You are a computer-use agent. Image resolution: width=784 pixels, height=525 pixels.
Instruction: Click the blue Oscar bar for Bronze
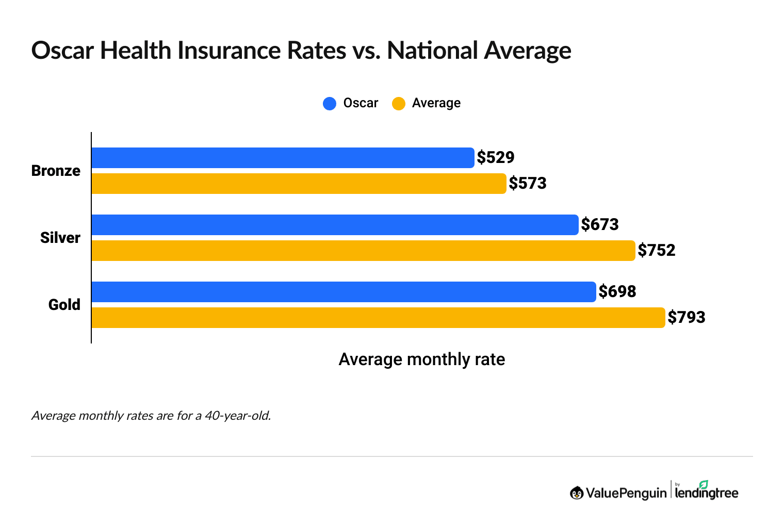coord(283,158)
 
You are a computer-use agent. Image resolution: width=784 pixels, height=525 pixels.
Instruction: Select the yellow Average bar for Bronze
coord(299,184)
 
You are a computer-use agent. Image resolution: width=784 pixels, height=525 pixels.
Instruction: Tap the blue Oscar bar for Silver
coord(335,225)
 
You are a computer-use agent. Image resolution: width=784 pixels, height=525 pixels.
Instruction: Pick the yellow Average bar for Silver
coord(363,251)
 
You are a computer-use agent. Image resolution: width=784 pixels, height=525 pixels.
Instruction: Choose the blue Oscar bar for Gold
coord(344,292)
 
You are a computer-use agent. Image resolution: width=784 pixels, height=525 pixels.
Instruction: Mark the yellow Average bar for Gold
coord(378,318)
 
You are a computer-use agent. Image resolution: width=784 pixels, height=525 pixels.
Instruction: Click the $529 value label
coord(496,157)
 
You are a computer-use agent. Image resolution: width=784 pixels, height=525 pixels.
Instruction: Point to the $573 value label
coord(528,183)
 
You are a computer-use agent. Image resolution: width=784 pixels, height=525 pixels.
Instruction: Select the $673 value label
coord(600,224)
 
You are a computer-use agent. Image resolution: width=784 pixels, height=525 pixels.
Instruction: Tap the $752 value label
coord(657,250)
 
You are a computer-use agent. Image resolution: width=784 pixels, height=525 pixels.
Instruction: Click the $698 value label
coord(617,291)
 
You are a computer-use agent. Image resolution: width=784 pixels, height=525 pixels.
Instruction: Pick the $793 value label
coord(687,317)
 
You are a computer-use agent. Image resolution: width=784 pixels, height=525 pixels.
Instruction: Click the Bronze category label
coord(56,171)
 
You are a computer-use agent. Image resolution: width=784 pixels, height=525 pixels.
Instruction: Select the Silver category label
coord(60,238)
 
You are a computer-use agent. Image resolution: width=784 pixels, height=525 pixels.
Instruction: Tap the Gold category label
coord(64,305)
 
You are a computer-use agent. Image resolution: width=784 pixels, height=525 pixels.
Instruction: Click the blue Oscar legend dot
coord(330,104)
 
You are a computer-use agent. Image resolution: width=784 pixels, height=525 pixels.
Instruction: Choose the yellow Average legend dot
coord(399,104)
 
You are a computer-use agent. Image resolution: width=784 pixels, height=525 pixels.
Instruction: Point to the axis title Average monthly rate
coord(421,359)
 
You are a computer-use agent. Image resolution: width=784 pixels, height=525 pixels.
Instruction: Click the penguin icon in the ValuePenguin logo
coord(577,493)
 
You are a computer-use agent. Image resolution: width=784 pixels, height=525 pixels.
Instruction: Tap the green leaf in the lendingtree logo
coord(704,484)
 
